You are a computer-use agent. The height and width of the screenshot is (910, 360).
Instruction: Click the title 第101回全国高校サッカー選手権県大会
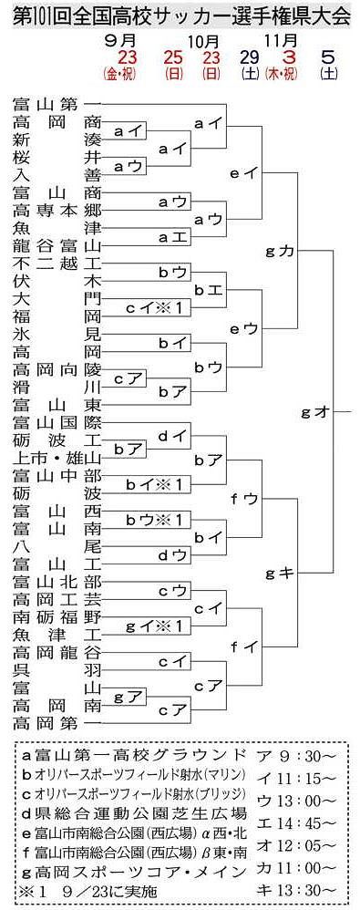click(180, 16)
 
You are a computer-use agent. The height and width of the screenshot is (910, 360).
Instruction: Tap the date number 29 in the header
click(250, 57)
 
